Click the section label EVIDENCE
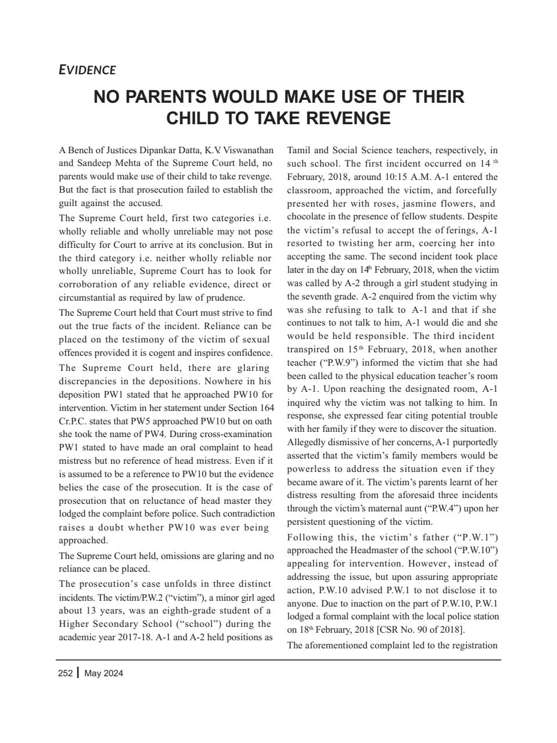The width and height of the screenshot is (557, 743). point(87,70)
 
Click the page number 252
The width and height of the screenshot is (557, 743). point(65,673)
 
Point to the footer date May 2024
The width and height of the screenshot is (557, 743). point(103,673)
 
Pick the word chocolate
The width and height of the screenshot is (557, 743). point(306,217)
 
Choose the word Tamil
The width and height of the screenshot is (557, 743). point(299,150)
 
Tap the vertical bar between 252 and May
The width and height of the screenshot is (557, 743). point(78,673)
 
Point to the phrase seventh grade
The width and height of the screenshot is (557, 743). point(321,296)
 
